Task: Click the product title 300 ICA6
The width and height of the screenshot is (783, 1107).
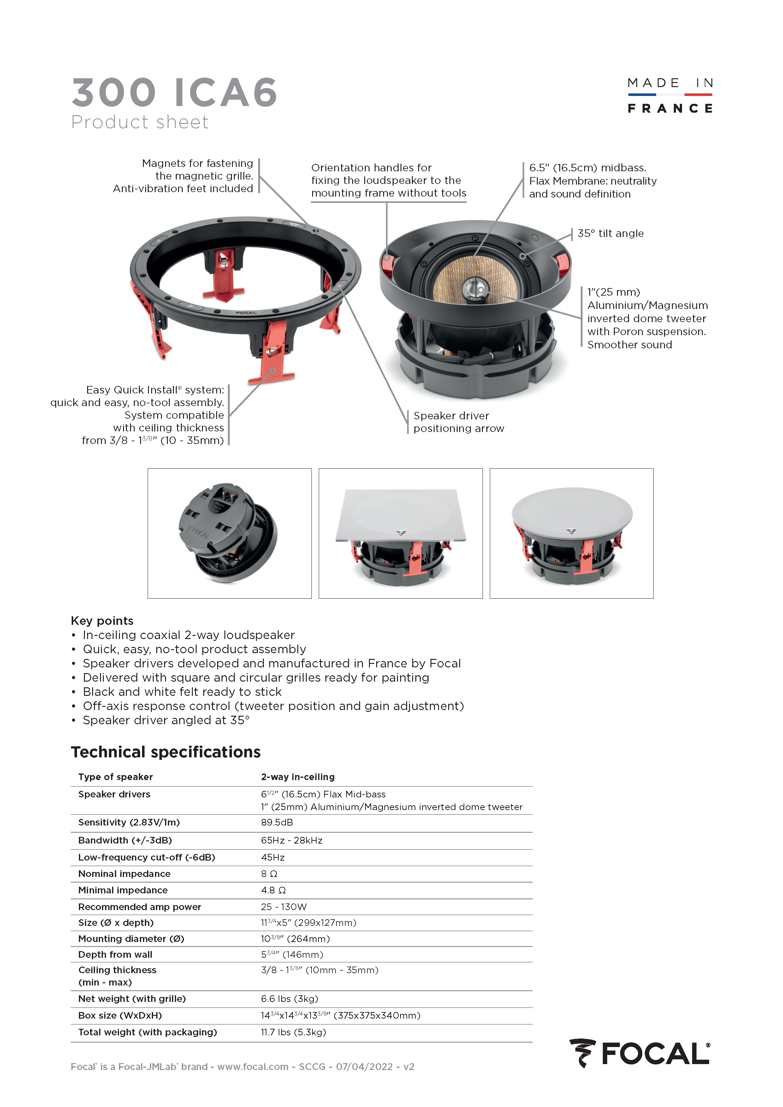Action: point(175,92)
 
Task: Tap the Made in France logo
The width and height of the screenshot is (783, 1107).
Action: point(670,96)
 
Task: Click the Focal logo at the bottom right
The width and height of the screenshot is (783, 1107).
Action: point(639,1053)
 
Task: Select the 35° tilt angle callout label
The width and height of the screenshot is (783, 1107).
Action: point(610,233)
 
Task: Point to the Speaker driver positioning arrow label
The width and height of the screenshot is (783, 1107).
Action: point(459,422)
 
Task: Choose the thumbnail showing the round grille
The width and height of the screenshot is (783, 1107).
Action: point(571,533)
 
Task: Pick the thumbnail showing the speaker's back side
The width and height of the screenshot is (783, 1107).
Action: point(229,533)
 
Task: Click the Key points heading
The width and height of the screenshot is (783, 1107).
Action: point(102,620)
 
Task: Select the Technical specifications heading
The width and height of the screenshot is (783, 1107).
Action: point(166,752)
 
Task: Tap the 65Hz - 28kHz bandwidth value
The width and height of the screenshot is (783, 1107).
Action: point(292,840)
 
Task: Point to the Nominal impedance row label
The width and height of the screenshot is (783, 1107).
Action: point(124,874)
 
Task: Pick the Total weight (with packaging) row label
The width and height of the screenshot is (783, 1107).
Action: point(147,1032)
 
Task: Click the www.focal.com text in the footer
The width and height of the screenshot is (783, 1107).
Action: point(253,1067)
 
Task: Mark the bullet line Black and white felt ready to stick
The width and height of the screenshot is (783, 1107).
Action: point(182,692)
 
